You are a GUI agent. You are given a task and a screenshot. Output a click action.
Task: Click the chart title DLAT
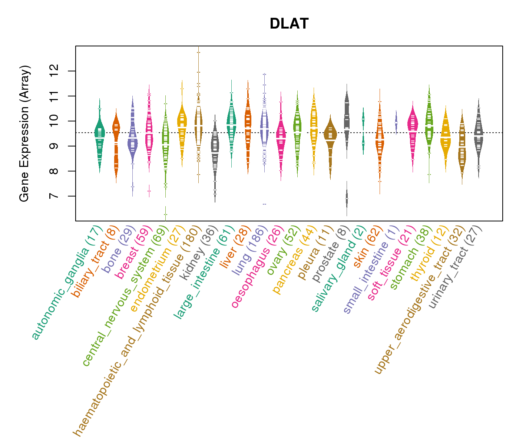289,24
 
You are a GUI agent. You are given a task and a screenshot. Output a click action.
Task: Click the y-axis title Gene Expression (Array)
24,133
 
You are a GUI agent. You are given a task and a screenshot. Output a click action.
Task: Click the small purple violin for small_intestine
396,122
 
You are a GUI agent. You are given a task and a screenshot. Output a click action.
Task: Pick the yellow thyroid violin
446,137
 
